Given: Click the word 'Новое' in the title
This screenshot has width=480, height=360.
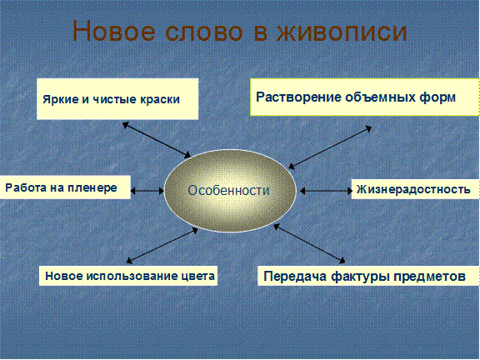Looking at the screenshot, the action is point(114,31).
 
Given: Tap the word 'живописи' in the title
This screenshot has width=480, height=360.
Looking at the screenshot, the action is point(342,31).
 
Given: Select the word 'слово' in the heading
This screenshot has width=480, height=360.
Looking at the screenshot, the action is point(204,32).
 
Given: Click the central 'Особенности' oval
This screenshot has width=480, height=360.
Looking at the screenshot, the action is point(230,190).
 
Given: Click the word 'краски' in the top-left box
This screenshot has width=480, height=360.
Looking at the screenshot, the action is point(160,99).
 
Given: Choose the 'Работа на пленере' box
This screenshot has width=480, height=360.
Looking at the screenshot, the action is point(65,187).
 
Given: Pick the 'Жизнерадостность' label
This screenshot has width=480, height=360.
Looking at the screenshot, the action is point(413,189).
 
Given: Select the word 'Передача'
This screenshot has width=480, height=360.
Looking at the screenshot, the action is point(296,276).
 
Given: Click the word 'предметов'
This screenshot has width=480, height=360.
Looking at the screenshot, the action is point(429,276).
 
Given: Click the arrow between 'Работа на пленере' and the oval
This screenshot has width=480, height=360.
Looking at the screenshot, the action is point(147,191).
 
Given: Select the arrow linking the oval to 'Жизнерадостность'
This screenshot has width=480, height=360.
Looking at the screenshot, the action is point(326,191).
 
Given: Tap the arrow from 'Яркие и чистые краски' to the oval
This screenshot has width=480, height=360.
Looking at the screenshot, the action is point(157,140).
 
